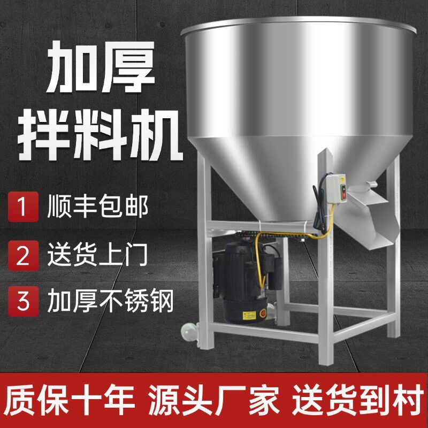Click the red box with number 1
click(x=22, y=207)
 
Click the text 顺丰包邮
click(x=97, y=207)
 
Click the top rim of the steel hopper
click(x=300, y=24)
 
